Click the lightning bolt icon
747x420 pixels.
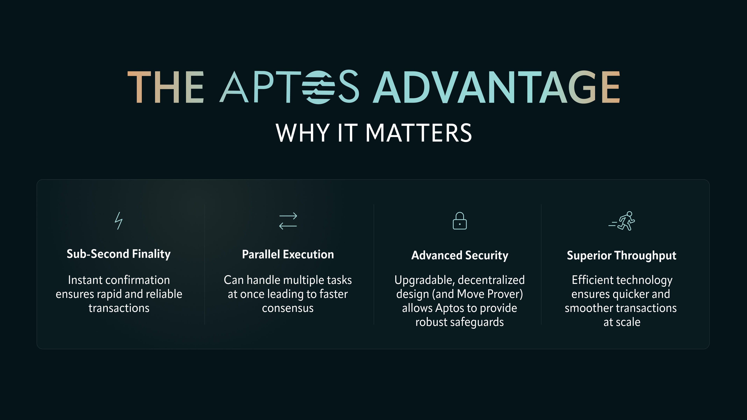point(118,221)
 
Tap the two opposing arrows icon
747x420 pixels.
point(288,221)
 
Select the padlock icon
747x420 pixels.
point(460,221)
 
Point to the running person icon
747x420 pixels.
point(622,221)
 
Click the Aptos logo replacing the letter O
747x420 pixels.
point(318,87)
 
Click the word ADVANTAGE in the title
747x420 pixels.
point(496,87)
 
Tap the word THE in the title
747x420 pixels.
point(166,87)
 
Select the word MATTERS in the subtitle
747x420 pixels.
point(418,133)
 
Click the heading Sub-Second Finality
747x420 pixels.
point(119,254)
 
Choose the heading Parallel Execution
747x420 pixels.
point(288,255)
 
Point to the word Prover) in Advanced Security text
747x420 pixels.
point(505,294)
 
